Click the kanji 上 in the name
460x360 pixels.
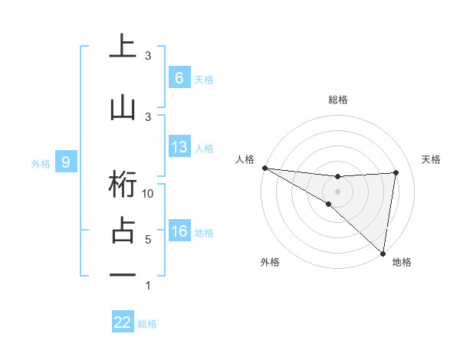[x=123, y=46]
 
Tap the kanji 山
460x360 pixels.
[x=123, y=108]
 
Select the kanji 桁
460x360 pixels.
[x=123, y=185]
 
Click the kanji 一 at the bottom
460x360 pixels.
[x=123, y=273]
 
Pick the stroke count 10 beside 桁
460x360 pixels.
[x=149, y=194]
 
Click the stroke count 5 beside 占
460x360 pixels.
[x=148, y=240]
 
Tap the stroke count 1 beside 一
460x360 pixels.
[x=148, y=286]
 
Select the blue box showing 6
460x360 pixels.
[x=179, y=77]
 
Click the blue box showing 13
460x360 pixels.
[x=179, y=147]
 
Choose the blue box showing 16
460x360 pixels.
[x=179, y=231]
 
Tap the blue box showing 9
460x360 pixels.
[x=66, y=162]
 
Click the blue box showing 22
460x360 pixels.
[x=123, y=322]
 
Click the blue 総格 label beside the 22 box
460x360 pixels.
[x=147, y=324]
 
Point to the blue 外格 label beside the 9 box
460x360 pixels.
[x=41, y=163]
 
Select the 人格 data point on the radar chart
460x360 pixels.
[x=264, y=168]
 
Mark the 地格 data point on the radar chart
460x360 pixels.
[x=383, y=253]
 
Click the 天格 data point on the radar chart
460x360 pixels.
[x=396, y=172]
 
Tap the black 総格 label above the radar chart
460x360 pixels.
[x=337, y=100]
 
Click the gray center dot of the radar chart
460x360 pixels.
[x=337, y=191]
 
